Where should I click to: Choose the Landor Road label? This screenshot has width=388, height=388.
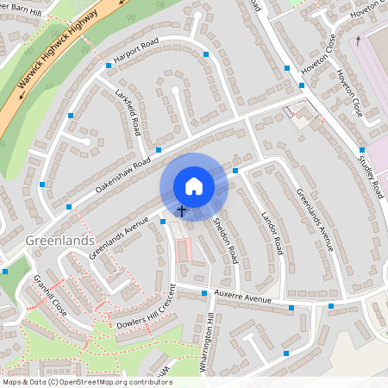[x=272, y=232]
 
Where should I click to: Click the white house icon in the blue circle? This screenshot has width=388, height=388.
[x=194, y=185]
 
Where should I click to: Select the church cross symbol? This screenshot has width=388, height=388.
[x=182, y=210]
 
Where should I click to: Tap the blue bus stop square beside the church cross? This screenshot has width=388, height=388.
[x=163, y=221]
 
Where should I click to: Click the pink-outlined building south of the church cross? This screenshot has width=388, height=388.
[x=182, y=251]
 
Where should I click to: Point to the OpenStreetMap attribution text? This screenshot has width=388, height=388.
[x=87, y=381]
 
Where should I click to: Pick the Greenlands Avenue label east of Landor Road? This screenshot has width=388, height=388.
[x=314, y=220]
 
